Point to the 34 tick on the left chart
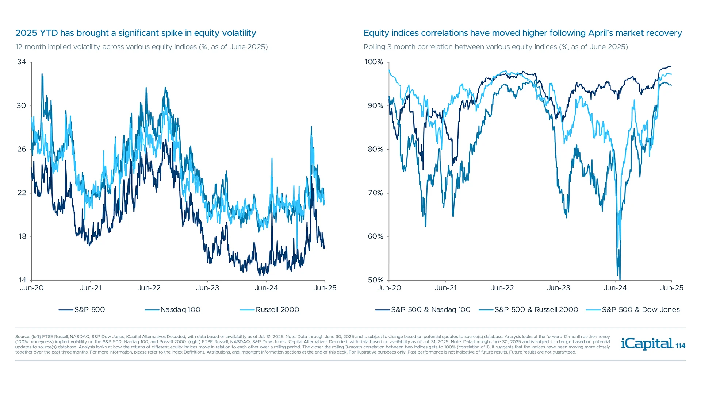click(x=22, y=62)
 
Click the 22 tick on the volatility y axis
click(x=22, y=193)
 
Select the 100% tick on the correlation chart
click(x=374, y=62)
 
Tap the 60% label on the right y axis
click(x=375, y=237)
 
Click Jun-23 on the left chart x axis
click(x=207, y=288)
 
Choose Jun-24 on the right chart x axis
click(x=615, y=288)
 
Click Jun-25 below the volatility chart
click(x=325, y=288)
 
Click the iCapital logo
click(x=647, y=344)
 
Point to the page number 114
click(x=681, y=346)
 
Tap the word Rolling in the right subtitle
click(x=374, y=47)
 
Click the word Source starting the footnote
click(x=23, y=337)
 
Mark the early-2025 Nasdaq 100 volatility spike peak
click(x=311, y=127)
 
